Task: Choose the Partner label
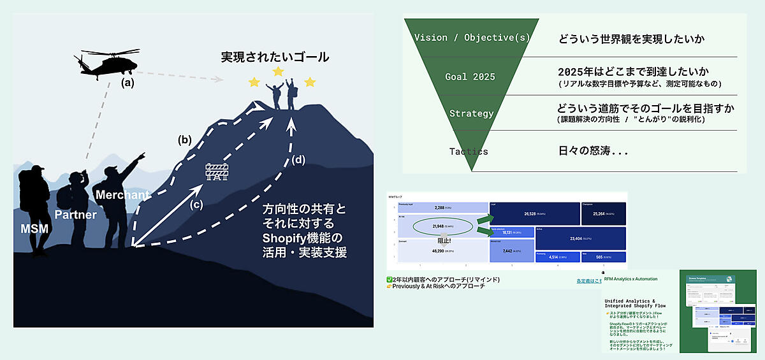75,215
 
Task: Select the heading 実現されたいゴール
275,57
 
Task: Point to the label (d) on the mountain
298,160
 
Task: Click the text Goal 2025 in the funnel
470,77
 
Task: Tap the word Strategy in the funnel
471,113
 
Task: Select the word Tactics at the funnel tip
469,151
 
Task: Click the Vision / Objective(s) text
472,37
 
